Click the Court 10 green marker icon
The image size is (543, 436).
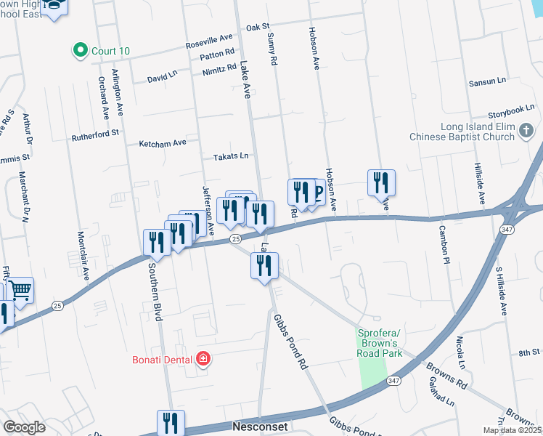80,51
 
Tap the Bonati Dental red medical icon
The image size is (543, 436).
205,359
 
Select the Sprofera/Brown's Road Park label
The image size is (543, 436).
379,342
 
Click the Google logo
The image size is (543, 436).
24,427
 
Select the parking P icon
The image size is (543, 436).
317,193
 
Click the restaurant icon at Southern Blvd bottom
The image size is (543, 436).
171,422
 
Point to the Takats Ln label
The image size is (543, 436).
230,156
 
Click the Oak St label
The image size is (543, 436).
257,27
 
